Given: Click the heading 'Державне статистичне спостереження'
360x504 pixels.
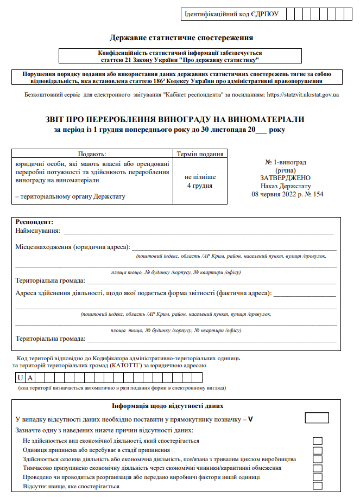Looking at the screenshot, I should point(181,38).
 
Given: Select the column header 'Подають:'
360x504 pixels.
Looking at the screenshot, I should point(92,154).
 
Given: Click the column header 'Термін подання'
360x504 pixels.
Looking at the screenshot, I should point(199,154).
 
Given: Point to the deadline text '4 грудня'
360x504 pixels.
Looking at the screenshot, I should point(199,186).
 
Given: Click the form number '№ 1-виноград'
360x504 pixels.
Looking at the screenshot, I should point(286,162).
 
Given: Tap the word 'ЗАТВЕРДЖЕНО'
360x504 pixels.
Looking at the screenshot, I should point(286,178).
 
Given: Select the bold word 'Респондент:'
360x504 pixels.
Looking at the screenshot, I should point(35,222).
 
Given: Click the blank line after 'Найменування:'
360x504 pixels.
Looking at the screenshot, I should point(198,232).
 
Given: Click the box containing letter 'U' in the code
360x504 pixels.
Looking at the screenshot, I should point(20,378).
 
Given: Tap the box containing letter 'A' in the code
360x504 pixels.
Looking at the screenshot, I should point(31,378).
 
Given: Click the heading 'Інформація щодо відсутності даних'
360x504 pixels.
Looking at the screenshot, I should point(168,406).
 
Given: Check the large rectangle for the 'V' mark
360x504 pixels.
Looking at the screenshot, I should point(317,418).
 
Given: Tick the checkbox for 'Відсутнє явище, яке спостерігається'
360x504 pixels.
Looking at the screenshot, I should point(318,486).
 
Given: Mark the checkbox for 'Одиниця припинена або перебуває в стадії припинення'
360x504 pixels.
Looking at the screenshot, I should point(318,450).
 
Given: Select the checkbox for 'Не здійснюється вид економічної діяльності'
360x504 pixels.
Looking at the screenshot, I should point(318,441).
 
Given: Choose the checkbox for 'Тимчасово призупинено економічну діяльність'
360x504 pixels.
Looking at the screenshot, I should point(318,468).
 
